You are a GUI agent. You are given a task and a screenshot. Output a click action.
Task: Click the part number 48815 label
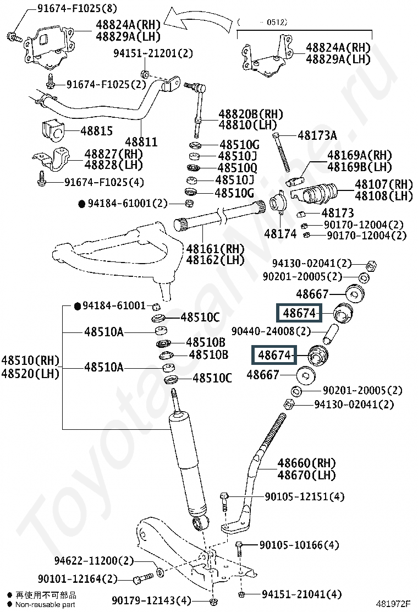[x=96, y=131]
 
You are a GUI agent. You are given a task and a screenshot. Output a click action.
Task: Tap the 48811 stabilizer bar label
[x=141, y=141]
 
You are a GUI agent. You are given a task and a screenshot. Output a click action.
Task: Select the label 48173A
[x=317, y=135]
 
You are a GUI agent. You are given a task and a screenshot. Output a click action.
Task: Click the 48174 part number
[x=280, y=234]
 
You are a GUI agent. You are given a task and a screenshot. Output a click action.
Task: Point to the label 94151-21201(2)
[x=153, y=53]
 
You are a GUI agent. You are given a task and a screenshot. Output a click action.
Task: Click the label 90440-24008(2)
[x=271, y=331]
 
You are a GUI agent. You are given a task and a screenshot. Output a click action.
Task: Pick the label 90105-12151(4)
[x=305, y=496]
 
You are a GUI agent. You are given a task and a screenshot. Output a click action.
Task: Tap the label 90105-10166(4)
[x=299, y=544]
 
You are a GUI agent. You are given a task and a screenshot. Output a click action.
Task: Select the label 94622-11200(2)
[x=94, y=561]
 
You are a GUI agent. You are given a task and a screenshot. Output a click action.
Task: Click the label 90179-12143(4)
[x=151, y=600]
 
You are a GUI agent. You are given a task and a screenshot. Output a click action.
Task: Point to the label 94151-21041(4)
[x=301, y=594]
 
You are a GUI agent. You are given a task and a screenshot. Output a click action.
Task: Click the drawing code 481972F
[x=393, y=604]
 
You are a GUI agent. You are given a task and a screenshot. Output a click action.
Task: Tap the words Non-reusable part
[x=45, y=605]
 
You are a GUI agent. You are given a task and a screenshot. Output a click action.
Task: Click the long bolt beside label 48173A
[x=282, y=152]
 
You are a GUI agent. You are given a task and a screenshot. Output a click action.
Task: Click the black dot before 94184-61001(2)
[x=81, y=204]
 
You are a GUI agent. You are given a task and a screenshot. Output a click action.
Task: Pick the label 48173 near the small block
[x=338, y=213]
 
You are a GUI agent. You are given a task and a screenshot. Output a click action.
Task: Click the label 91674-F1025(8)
[x=77, y=8]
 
